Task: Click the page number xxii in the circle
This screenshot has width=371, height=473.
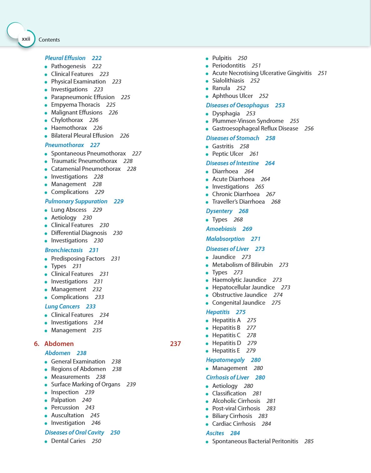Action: click(x=26, y=39)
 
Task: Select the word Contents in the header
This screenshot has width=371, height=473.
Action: click(x=49, y=40)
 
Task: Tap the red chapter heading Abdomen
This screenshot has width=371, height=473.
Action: click(x=59, y=343)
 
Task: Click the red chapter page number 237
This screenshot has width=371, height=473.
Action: click(x=175, y=343)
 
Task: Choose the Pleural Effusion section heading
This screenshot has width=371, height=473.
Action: click(x=65, y=58)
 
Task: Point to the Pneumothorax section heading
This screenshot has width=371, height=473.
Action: click(x=64, y=145)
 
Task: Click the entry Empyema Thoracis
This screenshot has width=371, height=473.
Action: click(x=75, y=104)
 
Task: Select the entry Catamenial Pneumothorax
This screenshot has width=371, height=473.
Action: click(x=86, y=169)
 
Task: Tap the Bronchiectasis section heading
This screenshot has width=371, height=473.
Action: click(x=64, y=250)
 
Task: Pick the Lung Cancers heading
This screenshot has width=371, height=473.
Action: click(x=62, y=306)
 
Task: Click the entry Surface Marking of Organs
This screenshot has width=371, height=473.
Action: click(x=85, y=384)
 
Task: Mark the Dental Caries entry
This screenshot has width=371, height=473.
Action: click(x=68, y=441)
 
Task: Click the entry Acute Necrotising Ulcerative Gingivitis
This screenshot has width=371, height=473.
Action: click(x=262, y=73)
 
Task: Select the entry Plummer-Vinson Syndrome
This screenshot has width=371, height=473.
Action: click(x=248, y=121)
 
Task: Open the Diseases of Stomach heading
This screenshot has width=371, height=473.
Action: click(x=232, y=138)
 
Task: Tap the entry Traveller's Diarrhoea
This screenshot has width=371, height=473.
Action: click(x=238, y=201)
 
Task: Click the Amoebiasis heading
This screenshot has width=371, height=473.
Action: click(x=221, y=229)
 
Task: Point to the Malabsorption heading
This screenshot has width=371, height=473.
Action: click(x=225, y=239)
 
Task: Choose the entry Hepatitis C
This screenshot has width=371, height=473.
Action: click(x=226, y=335)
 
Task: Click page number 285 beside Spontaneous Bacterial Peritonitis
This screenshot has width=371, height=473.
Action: click(x=309, y=441)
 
